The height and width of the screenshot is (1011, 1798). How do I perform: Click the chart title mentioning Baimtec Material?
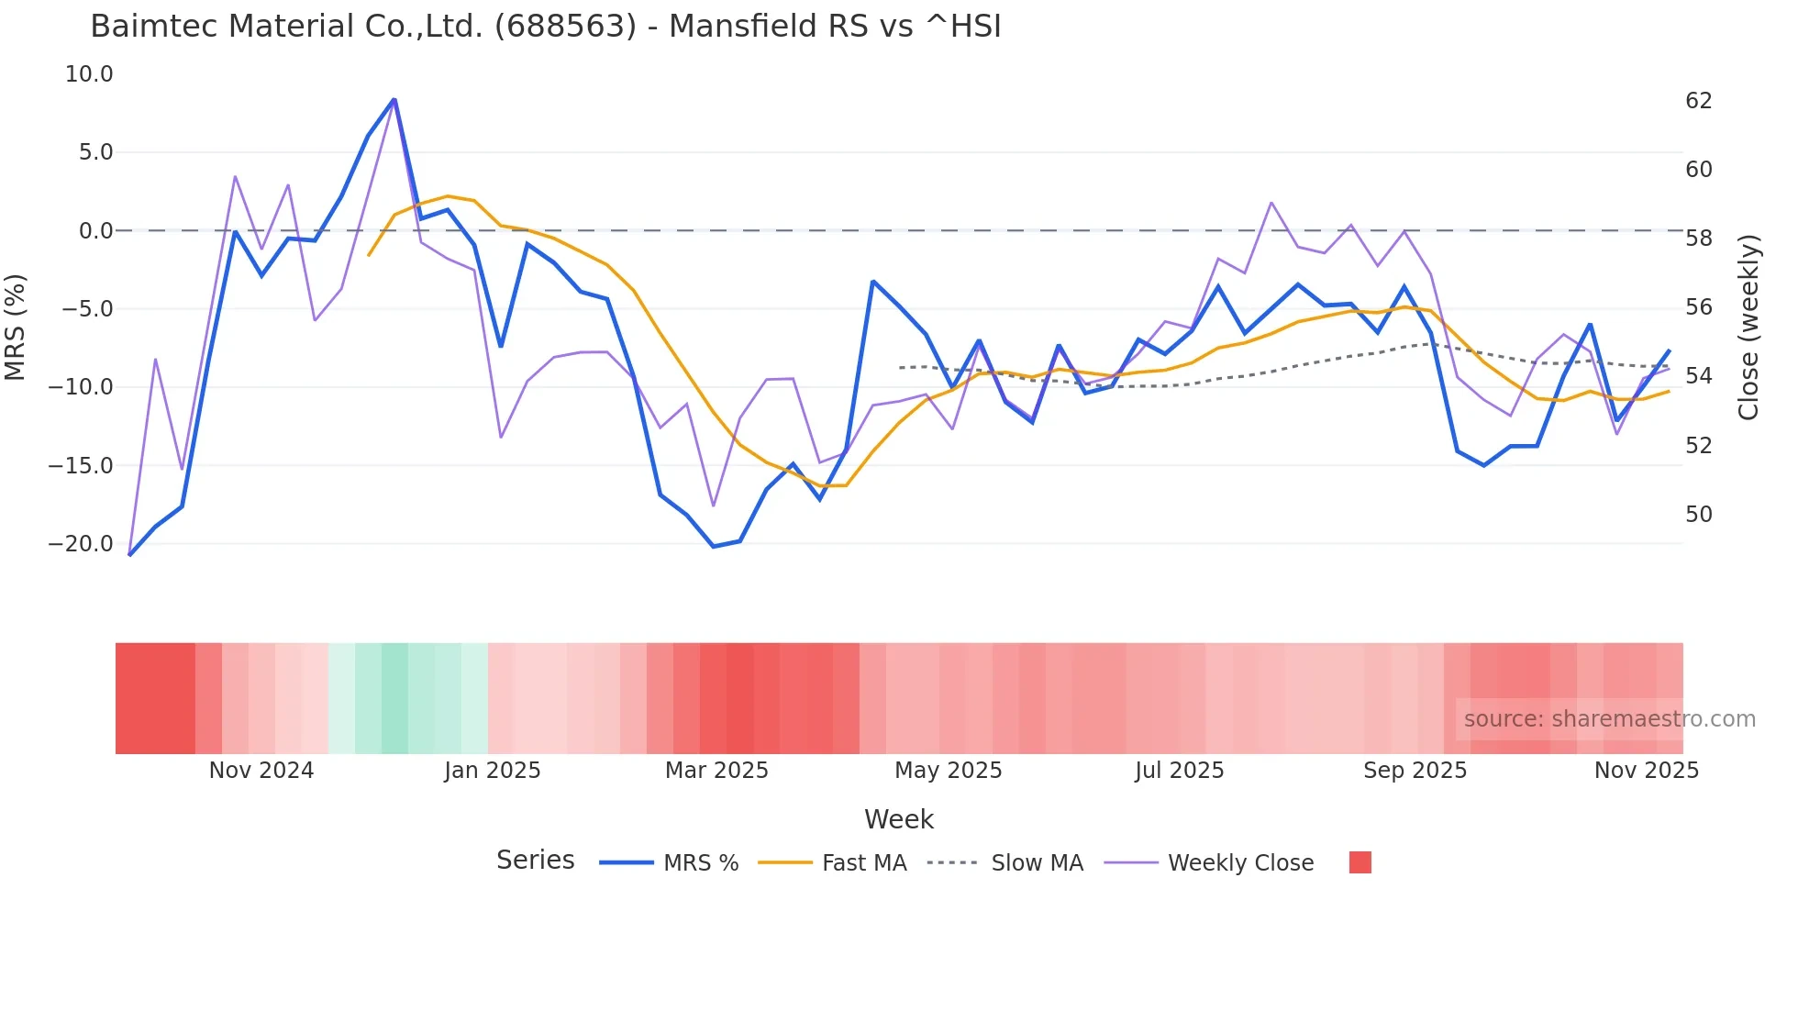click(545, 26)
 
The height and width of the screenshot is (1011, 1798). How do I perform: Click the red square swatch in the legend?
click(1360, 862)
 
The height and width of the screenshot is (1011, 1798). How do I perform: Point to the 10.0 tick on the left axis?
click(89, 74)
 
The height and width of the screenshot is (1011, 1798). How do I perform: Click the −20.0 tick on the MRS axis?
click(81, 544)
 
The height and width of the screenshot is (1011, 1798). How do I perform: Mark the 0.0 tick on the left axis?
click(95, 231)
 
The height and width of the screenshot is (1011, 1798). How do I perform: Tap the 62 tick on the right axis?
click(1699, 101)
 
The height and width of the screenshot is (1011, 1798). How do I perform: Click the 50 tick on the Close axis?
click(1699, 515)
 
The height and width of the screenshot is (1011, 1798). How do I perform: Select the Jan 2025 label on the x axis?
click(493, 771)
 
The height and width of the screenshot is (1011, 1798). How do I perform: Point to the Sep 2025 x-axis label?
click(1415, 771)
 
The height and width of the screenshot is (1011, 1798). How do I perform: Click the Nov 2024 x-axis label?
click(261, 771)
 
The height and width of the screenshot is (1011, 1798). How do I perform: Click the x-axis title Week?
click(898, 819)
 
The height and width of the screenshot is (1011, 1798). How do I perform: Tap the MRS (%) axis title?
click(16, 327)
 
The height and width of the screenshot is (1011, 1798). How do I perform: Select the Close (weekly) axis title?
click(1748, 328)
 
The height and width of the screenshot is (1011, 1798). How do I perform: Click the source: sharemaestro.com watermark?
click(1609, 719)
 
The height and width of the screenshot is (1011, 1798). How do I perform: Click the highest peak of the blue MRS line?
click(394, 99)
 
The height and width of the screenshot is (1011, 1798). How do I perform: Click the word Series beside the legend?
click(535, 861)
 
